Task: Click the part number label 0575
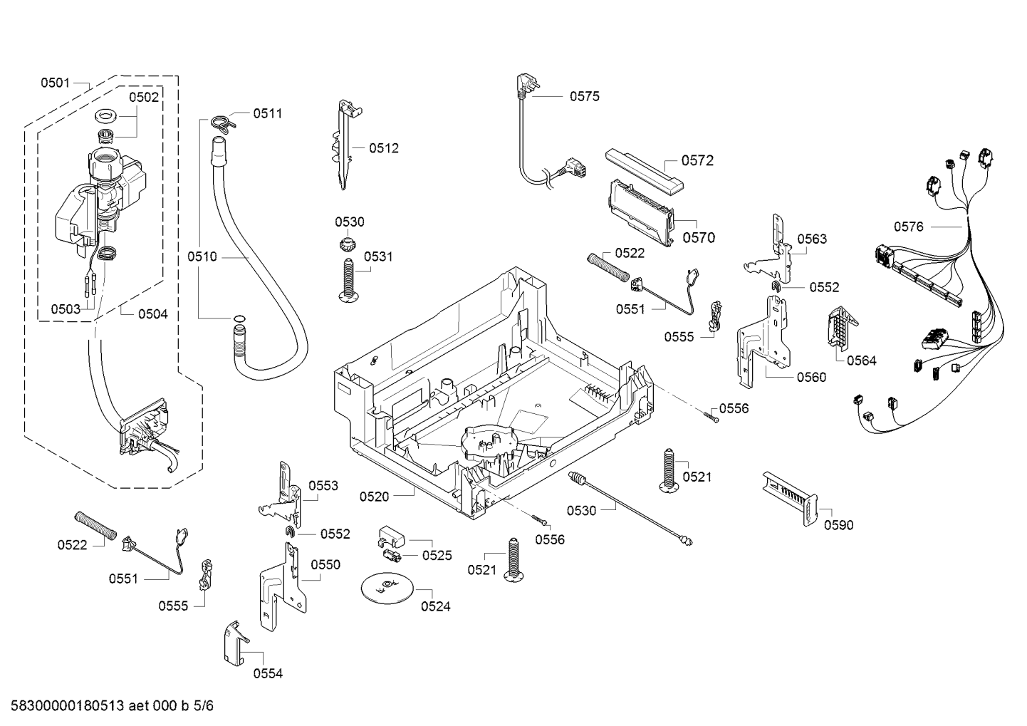point(584,96)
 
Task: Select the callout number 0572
point(697,160)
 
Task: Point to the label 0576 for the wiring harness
point(909,227)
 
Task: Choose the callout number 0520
point(375,496)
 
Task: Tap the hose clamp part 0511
point(222,123)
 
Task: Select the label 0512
point(384,148)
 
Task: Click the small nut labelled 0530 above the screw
point(349,247)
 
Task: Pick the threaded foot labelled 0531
point(348,280)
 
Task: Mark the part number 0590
point(838,525)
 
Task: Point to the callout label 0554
point(268,673)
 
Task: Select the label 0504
point(152,313)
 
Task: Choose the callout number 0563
point(812,239)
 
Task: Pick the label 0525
point(437,555)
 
